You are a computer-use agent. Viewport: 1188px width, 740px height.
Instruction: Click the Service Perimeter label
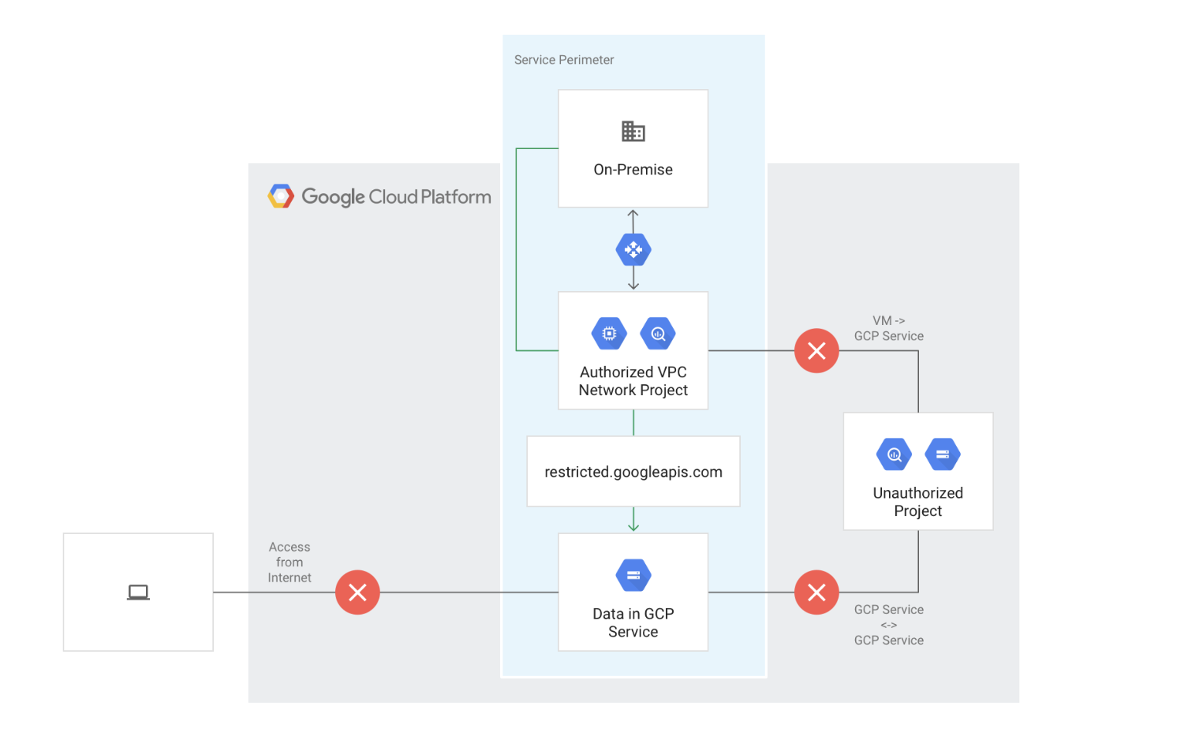point(563,60)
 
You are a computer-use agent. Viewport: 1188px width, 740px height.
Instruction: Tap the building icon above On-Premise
point(633,131)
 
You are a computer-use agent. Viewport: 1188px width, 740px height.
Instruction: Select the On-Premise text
point(633,170)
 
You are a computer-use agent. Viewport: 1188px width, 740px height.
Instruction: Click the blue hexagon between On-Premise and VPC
point(633,250)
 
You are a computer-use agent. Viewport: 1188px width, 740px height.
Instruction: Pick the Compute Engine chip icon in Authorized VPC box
point(609,334)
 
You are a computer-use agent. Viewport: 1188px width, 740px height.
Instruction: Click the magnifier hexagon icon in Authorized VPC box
point(658,334)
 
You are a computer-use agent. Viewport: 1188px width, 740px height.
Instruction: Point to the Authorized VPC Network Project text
point(633,381)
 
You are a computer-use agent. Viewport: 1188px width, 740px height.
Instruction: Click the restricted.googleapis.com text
point(633,472)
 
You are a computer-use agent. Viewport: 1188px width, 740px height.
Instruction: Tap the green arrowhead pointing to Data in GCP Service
point(633,525)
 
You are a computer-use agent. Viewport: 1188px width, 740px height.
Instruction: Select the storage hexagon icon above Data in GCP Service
point(633,575)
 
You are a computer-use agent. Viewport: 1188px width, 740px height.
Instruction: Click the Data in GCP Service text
point(633,622)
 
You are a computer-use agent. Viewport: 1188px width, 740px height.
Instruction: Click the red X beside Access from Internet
point(357,592)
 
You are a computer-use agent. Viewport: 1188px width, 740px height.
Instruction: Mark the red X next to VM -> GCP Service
point(816,351)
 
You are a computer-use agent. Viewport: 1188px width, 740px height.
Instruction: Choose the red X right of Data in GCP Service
point(816,592)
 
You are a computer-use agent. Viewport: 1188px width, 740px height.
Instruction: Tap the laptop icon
point(138,592)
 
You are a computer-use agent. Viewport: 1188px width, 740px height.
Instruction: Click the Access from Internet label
point(290,562)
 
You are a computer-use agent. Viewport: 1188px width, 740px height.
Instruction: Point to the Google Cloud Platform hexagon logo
point(281,196)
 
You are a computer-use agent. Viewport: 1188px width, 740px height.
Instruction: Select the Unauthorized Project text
point(917,502)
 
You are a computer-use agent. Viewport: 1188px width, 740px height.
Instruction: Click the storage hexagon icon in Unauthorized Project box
point(943,454)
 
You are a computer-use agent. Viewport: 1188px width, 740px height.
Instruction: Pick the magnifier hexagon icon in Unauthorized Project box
point(894,454)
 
